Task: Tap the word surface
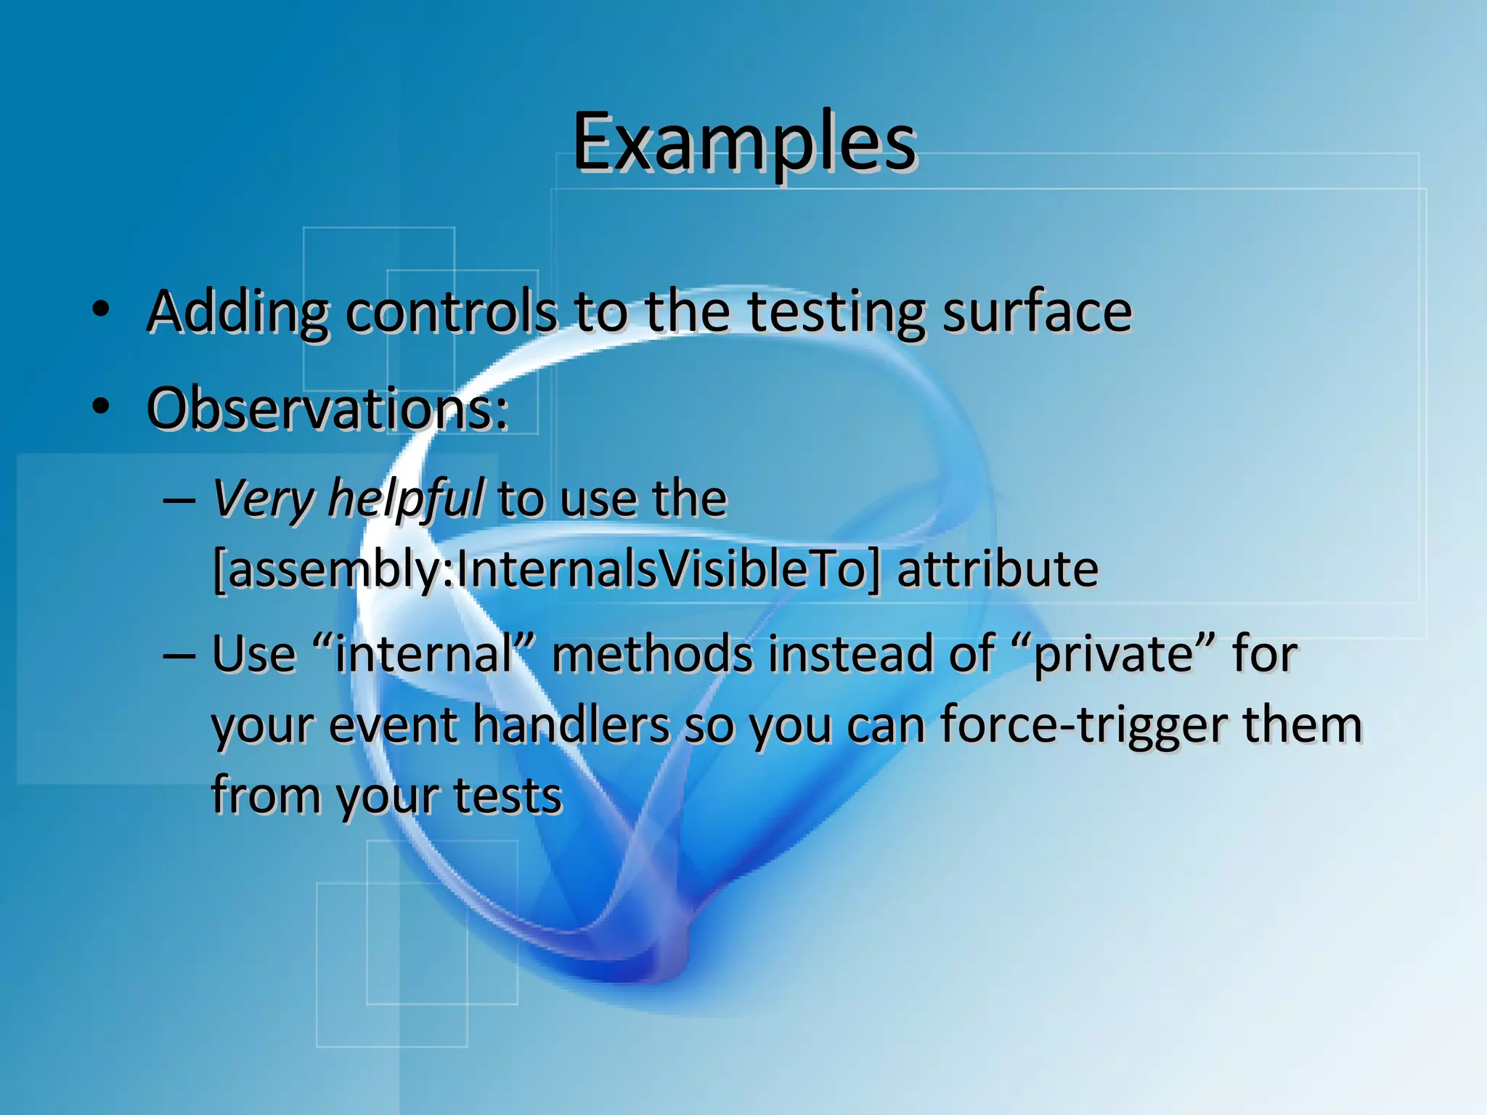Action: (x=1037, y=312)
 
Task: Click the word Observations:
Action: (x=327, y=409)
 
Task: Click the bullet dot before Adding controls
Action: (x=101, y=311)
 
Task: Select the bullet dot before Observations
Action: (x=101, y=407)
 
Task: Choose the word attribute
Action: (x=998, y=569)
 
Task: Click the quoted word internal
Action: (x=425, y=653)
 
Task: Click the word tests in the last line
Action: (x=508, y=795)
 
